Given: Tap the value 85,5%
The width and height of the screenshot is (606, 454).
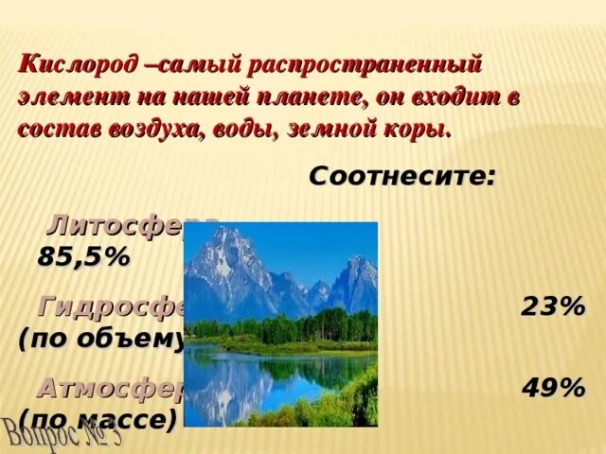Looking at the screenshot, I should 82,256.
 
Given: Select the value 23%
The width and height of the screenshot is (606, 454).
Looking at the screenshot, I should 552,307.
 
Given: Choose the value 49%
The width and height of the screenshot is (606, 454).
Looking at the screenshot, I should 552,389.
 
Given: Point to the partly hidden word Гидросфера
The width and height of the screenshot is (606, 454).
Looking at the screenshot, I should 112,307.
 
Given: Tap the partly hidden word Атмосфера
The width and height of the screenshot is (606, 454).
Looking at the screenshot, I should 110,389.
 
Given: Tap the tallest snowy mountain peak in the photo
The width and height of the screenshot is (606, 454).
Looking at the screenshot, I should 230,236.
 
